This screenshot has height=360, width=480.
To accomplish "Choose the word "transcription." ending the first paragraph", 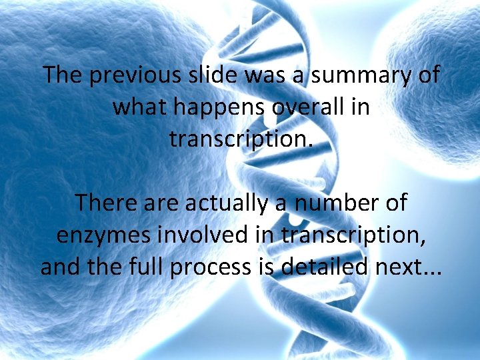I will click(240, 139).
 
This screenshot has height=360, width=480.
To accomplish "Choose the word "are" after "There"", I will click(162, 203).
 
